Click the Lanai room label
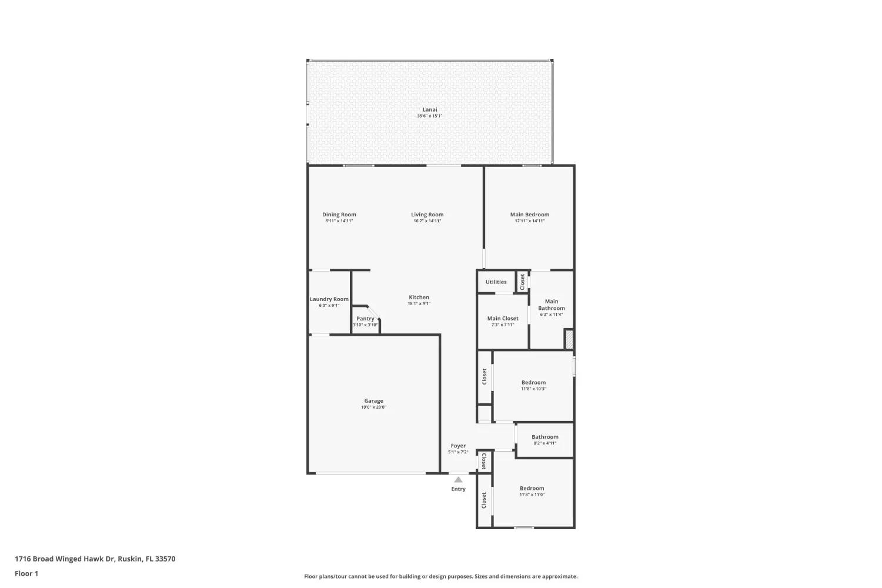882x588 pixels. [430, 109]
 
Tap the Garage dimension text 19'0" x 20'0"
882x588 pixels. [373, 407]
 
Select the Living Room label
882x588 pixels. [427, 214]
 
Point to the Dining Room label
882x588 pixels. [339, 214]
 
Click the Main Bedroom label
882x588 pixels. [530, 214]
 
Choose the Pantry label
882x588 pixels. [365, 319]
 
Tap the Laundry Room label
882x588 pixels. [329, 299]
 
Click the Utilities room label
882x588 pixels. [496, 282]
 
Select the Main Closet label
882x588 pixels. [503, 318]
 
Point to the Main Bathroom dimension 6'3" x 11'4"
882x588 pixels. [552, 314]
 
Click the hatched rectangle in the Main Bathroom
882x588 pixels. [569, 339]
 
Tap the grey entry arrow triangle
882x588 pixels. [458, 479]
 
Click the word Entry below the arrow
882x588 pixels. [458, 489]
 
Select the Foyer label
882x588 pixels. [458, 446]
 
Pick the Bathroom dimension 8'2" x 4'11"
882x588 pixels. [545, 443]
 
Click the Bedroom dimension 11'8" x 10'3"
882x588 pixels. [533, 388]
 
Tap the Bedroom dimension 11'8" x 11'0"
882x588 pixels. [532, 495]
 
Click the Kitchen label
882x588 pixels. [419, 297]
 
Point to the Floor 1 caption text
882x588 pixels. [26, 573]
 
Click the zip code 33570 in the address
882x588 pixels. [165, 559]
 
